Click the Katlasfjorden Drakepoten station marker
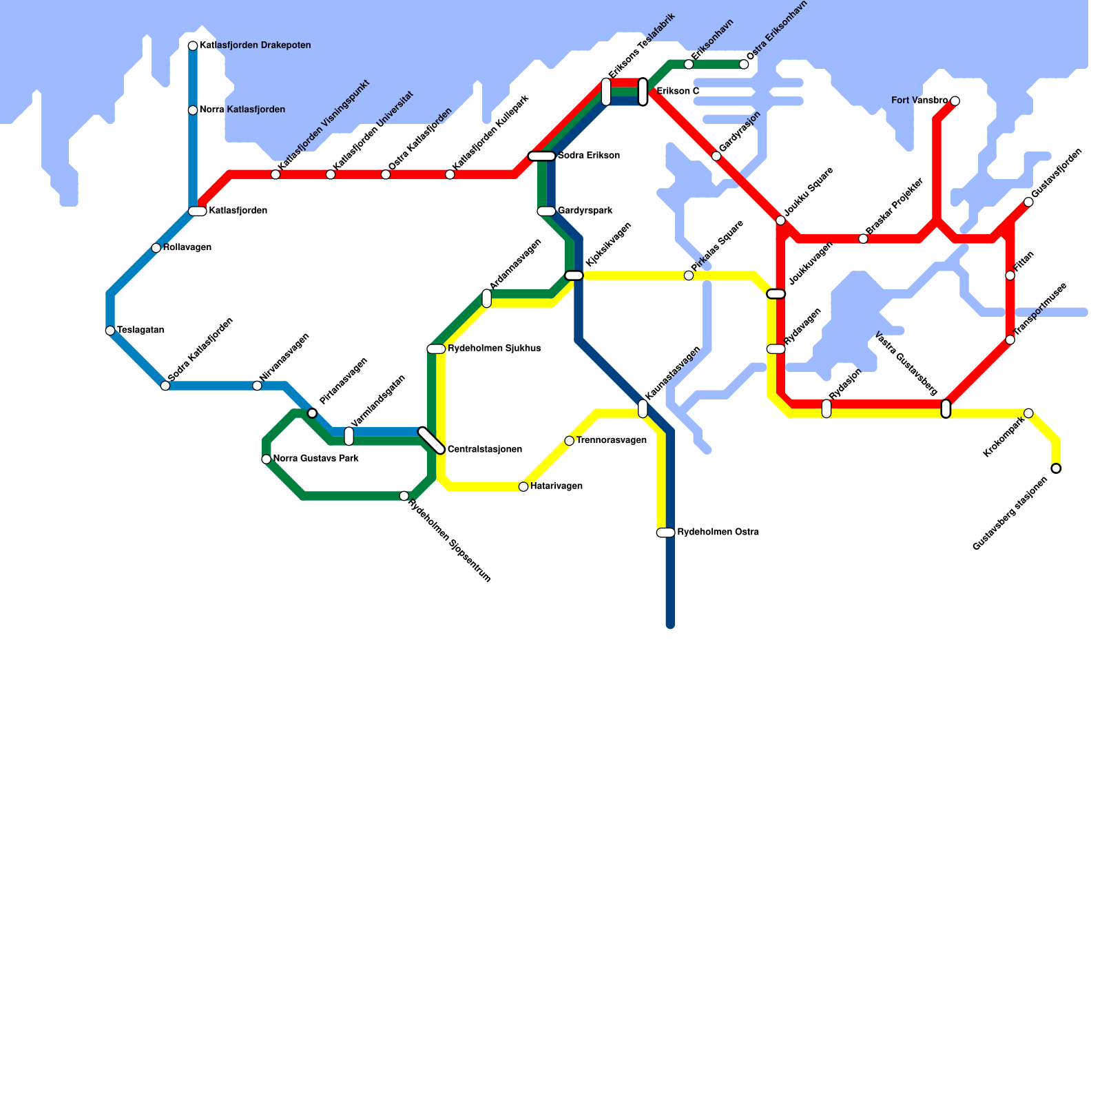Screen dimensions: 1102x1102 pos(193,46)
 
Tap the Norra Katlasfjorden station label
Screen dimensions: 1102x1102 pos(242,110)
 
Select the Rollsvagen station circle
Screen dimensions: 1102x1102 pos(156,248)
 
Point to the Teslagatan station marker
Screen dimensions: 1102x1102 pos(110,331)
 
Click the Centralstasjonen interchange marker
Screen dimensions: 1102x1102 pos(432,441)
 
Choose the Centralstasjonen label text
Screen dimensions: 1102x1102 pos(484,450)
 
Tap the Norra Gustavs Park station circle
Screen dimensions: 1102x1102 pos(267,459)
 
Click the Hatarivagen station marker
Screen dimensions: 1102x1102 pos(523,487)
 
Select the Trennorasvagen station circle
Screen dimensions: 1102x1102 pos(570,441)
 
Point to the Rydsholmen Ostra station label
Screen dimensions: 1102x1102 pos(718,532)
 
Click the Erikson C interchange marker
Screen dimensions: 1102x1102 pos(643,92)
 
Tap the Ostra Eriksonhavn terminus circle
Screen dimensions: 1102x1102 pos(744,65)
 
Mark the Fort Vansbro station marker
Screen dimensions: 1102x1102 pos(955,101)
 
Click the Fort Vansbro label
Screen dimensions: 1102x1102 pos(919,101)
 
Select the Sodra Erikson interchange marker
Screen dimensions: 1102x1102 pos(542,156)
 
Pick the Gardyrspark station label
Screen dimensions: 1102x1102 pos(585,211)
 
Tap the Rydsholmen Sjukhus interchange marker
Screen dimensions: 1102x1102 pos(436,349)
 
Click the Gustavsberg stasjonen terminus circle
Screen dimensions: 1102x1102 pos(1056,468)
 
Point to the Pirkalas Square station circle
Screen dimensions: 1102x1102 pos(689,275)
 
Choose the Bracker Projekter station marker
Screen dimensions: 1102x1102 pos(863,239)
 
